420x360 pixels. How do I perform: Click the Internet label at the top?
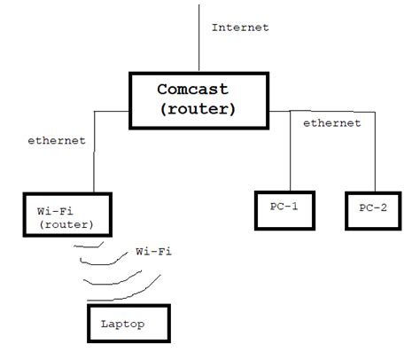[239, 27]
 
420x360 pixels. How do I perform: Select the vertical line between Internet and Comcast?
[200, 40]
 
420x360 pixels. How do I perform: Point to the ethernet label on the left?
[56, 139]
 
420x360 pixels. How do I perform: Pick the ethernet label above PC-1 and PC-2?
[331, 123]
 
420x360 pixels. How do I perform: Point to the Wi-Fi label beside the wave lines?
[153, 252]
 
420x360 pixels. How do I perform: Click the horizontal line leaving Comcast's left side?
[113, 112]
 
